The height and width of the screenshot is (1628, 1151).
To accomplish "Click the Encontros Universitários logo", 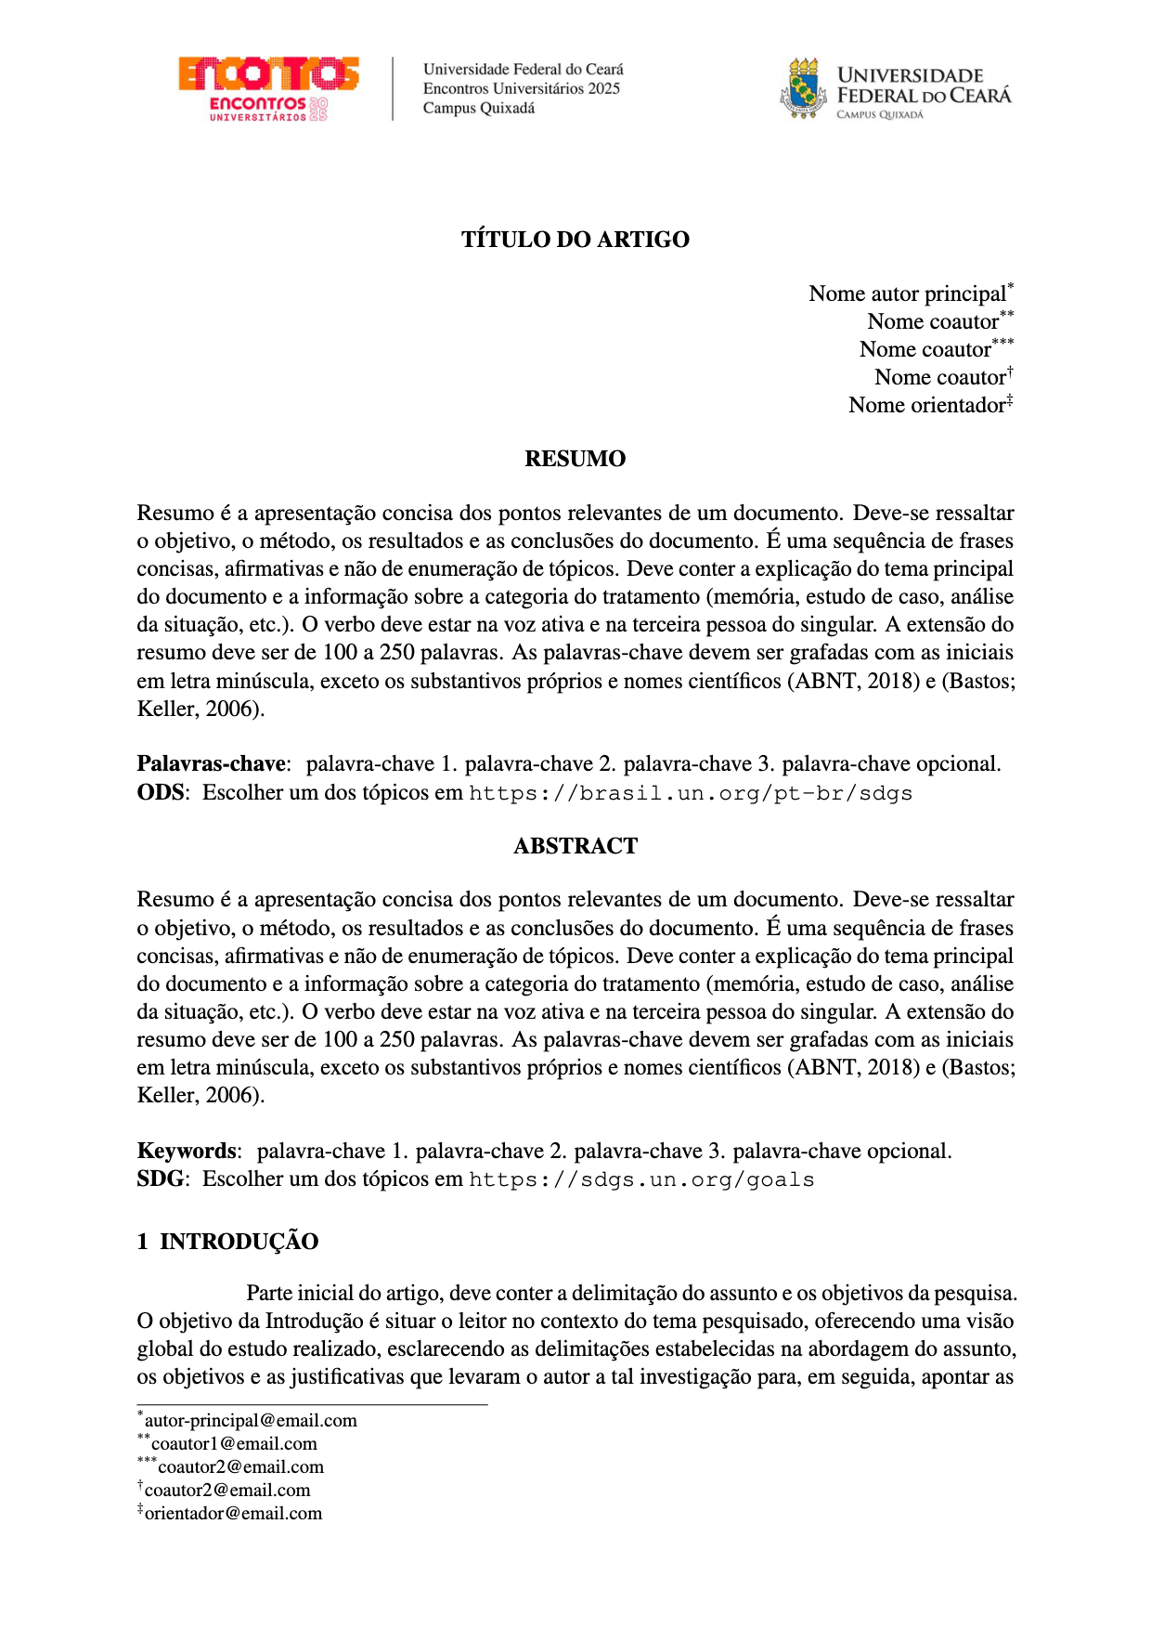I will point(268,89).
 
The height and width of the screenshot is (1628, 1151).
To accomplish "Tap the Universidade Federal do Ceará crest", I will point(803,89).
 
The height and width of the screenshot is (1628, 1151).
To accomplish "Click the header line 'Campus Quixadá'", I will point(479,109).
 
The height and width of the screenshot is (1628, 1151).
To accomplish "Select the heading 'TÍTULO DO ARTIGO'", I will point(575,240).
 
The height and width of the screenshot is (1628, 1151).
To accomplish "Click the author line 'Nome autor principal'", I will point(907,294).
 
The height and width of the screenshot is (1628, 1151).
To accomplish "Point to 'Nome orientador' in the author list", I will point(926,406).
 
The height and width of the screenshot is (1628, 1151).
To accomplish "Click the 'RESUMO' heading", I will point(575,459).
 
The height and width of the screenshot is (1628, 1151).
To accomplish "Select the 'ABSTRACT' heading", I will point(575,846).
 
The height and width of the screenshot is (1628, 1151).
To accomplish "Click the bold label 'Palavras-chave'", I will point(211,764).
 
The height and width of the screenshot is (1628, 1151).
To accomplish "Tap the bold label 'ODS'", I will point(160,793).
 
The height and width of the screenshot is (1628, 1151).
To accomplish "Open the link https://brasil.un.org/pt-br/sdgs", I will point(691,794).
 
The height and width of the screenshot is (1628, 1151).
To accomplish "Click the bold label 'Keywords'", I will point(187,1152).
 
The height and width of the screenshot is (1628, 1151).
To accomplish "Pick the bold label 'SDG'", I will point(160,1179).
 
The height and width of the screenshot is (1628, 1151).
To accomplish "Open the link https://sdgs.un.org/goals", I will point(641,1180).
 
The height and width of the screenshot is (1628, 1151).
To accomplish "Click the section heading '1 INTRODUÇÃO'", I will point(228,1242).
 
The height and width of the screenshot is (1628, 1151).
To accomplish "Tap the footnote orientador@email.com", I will point(233,1514).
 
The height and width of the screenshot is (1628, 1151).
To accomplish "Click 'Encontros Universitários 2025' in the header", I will point(522,89).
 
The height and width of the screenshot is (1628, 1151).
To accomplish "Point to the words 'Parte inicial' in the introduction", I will point(300,1294).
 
